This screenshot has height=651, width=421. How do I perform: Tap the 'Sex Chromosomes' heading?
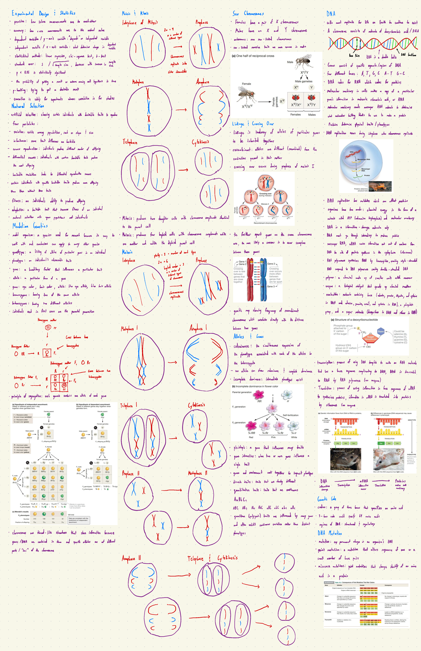coord(248,13)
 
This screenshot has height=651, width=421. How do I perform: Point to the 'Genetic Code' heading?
coord(327,499)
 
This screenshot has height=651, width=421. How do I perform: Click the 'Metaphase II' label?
coord(198,473)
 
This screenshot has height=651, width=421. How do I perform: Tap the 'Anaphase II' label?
coord(131,558)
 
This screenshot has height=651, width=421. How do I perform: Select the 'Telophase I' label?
coord(129,405)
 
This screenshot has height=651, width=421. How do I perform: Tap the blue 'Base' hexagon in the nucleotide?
coord(381,331)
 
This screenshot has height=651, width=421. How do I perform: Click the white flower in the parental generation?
coord(287,394)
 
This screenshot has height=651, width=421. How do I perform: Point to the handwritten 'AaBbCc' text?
coord(240,499)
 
